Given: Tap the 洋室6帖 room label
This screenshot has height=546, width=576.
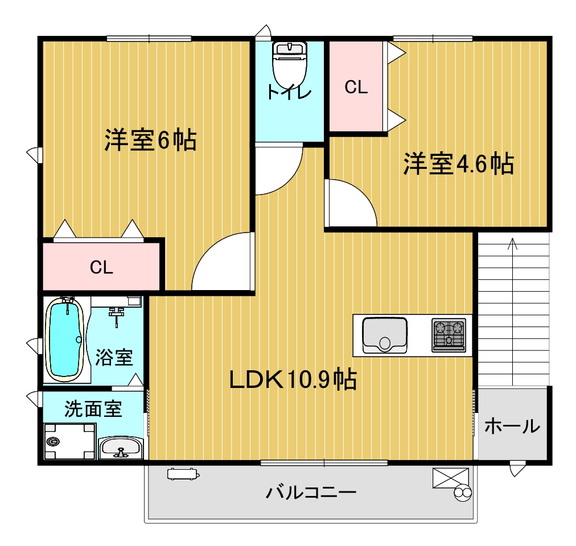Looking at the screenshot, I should coord(150,140).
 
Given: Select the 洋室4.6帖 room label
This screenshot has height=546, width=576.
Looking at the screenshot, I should coord(458,164).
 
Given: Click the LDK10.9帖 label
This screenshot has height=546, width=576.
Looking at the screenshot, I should coord(293,379).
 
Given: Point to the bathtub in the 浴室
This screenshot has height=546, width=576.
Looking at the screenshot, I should coord(65,340).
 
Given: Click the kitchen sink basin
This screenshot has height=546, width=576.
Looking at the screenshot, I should coord(385,335).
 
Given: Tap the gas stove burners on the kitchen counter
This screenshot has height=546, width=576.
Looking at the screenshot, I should coord(449,334).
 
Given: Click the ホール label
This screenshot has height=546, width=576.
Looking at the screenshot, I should coord(512,426).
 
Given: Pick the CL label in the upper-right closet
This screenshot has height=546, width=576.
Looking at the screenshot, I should coord(357,88).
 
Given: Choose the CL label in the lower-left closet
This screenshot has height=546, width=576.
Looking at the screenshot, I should coord(102,268).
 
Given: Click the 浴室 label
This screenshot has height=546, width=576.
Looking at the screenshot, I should coord(114,357).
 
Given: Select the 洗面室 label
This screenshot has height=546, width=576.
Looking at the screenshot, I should coord(93,409).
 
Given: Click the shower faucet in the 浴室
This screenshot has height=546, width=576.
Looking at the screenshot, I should coord(117,314).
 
